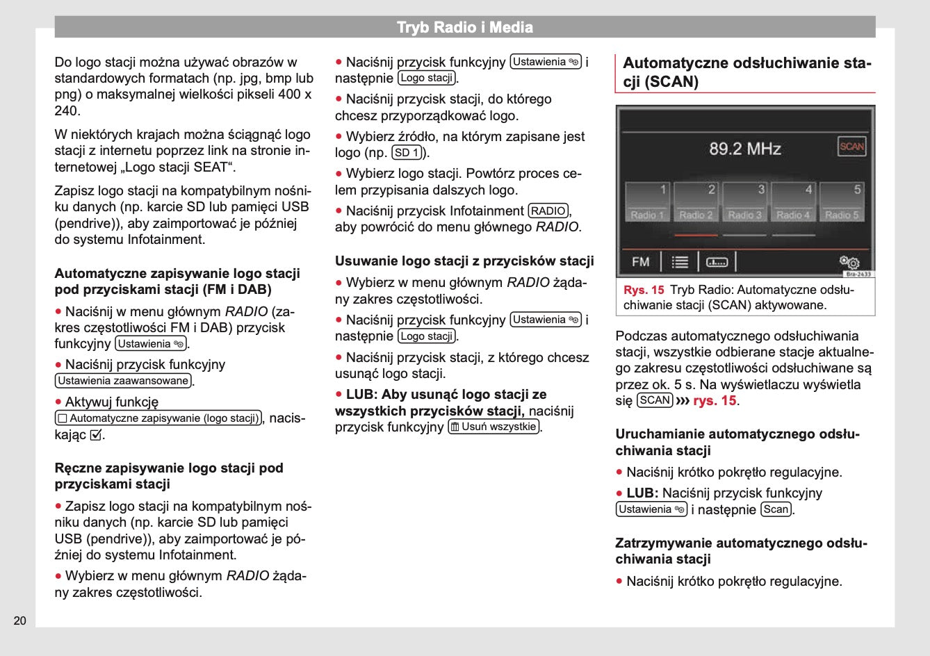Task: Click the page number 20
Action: (x=19, y=621)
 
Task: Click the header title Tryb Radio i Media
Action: (x=464, y=28)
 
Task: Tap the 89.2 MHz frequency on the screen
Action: (x=744, y=149)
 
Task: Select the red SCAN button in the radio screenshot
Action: (x=851, y=147)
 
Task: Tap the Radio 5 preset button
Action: (x=842, y=202)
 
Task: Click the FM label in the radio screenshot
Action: (x=641, y=262)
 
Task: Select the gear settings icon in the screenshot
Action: (x=849, y=262)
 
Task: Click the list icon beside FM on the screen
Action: (x=680, y=262)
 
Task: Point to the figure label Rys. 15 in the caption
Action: (x=644, y=290)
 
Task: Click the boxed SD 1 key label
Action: (x=407, y=153)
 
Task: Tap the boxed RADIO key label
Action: (x=548, y=211)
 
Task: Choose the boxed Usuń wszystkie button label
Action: (x=493, y=427)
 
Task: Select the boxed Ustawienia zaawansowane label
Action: (x=123, y=381)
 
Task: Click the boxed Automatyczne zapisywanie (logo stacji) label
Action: (x=158, y=418)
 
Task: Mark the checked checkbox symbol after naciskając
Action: (x=97, y=436)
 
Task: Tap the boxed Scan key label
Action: (x=776, y=509)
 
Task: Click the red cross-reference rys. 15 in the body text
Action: (x=715, y=401)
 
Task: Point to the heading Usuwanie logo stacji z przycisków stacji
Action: (x=464, y=261)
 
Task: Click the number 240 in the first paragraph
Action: (x=67, y=110)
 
